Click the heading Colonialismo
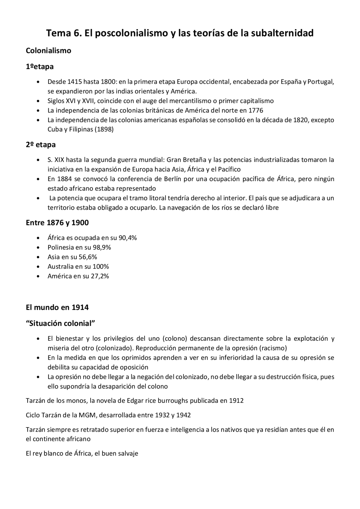pos(48,51)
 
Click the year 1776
pos(256,110)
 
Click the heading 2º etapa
pos(40,145)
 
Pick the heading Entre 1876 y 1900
pos(57,223)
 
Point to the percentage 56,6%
pos(88,257)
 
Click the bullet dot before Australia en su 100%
pos(38,267)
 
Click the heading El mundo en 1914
pos(57,307)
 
